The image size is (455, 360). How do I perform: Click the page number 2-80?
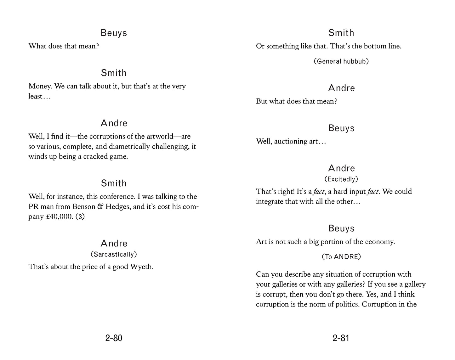tap(114, 338)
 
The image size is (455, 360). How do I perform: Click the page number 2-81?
tap(341, 338)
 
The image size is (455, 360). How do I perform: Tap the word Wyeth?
tap(142, 267)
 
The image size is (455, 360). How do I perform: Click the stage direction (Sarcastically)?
tap(114, 254)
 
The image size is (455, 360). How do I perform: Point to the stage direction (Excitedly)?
tap(341, 179)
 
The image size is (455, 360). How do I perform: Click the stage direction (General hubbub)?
tap(341, 61)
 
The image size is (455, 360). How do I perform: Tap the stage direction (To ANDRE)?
tap(341, 257)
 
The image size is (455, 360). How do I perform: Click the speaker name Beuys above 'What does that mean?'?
tap(114, 33)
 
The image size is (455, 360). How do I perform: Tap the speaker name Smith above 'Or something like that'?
tap(341, 33)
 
